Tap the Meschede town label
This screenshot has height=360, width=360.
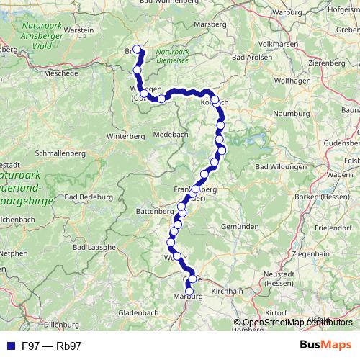pos(62,73)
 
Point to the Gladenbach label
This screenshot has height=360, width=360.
pos(138,313)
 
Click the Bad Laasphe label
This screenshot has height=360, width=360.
pos(90,247)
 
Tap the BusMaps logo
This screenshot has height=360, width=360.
pos(325,345)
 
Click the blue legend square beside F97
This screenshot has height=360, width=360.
pos(10,346)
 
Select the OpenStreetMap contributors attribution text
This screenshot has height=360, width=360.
pos(296,323)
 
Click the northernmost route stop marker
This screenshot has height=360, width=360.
pos(137,50)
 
